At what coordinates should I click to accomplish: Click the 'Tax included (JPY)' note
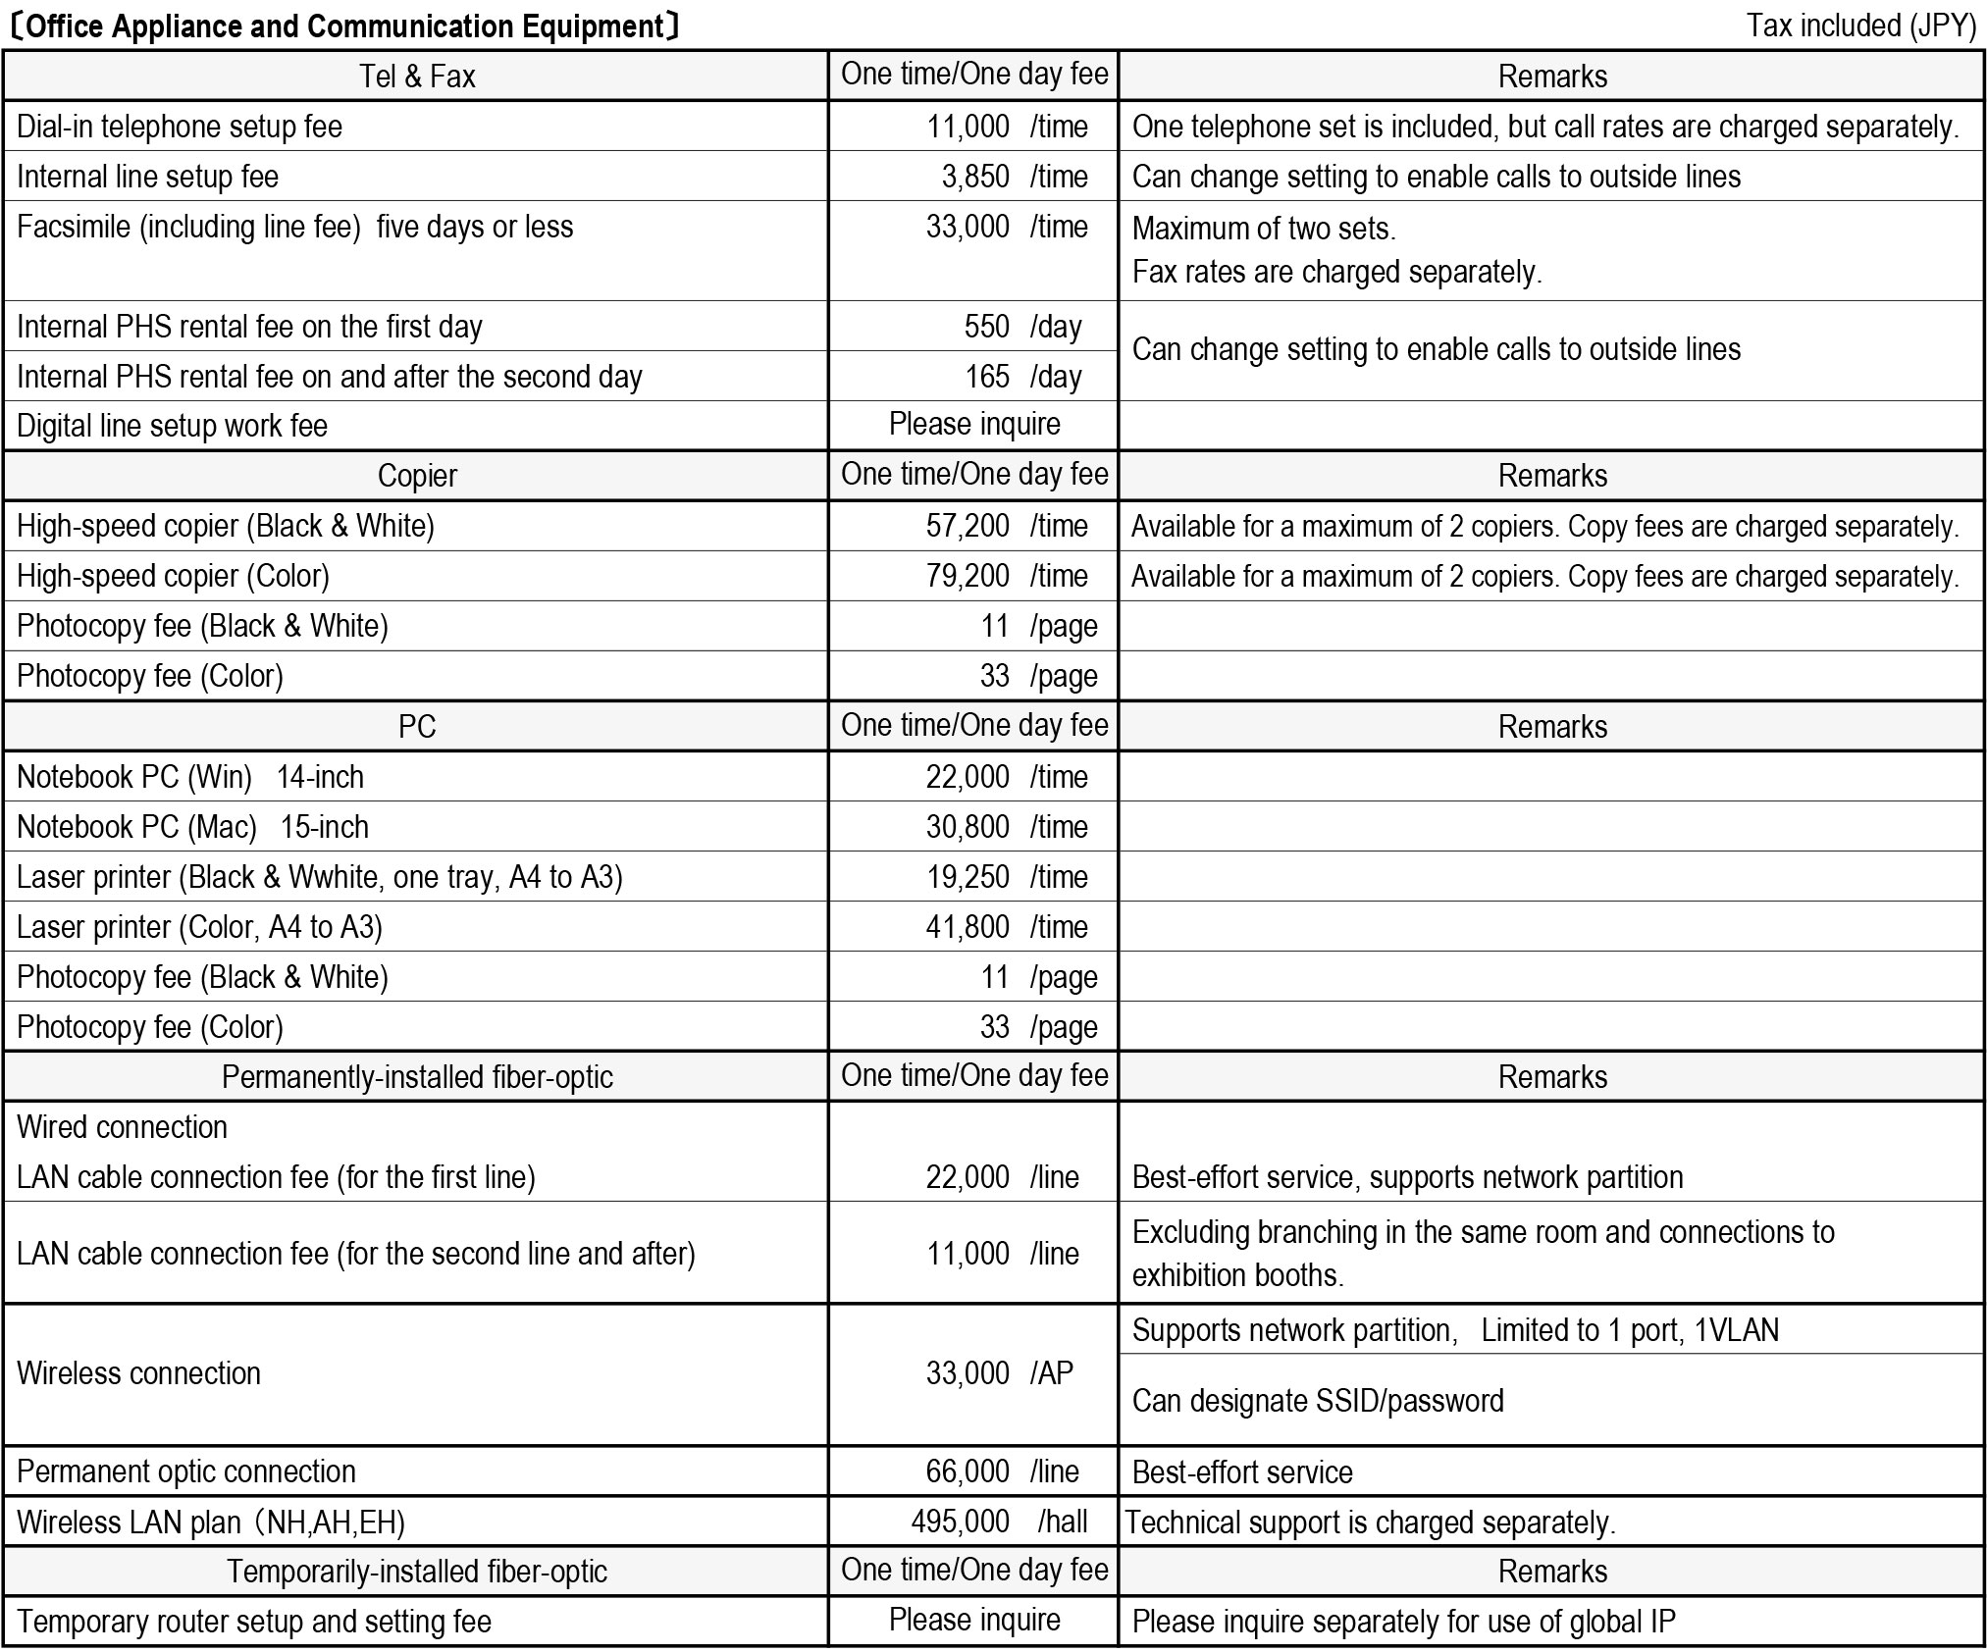(1860, 26)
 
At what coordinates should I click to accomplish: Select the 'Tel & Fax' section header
(417, 77)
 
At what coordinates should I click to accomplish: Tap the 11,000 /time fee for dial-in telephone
(1006, 127)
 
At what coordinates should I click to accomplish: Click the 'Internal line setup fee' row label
(148, 177)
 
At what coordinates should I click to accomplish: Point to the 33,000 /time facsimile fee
(1006, 227)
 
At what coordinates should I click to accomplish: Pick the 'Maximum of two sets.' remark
(1263, 229)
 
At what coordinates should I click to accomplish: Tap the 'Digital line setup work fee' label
(173, 426)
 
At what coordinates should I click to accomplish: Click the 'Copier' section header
(417, 476)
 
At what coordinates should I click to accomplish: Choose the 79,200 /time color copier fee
(1006, 576)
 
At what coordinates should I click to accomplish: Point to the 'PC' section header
(417, 727)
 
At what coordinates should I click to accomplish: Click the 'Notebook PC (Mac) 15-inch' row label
(192, 827)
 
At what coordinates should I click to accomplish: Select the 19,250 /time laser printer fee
(1006, 877)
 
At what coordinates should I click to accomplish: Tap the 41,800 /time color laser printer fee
(1006, 927)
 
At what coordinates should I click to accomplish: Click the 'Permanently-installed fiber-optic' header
(417, 1077)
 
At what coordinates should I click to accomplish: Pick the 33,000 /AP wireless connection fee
(999, 1373)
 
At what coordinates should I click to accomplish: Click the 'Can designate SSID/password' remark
(1317, 1401)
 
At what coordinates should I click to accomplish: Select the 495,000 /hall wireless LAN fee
(999, 1522)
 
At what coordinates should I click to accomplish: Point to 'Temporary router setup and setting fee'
(254, 1622)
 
